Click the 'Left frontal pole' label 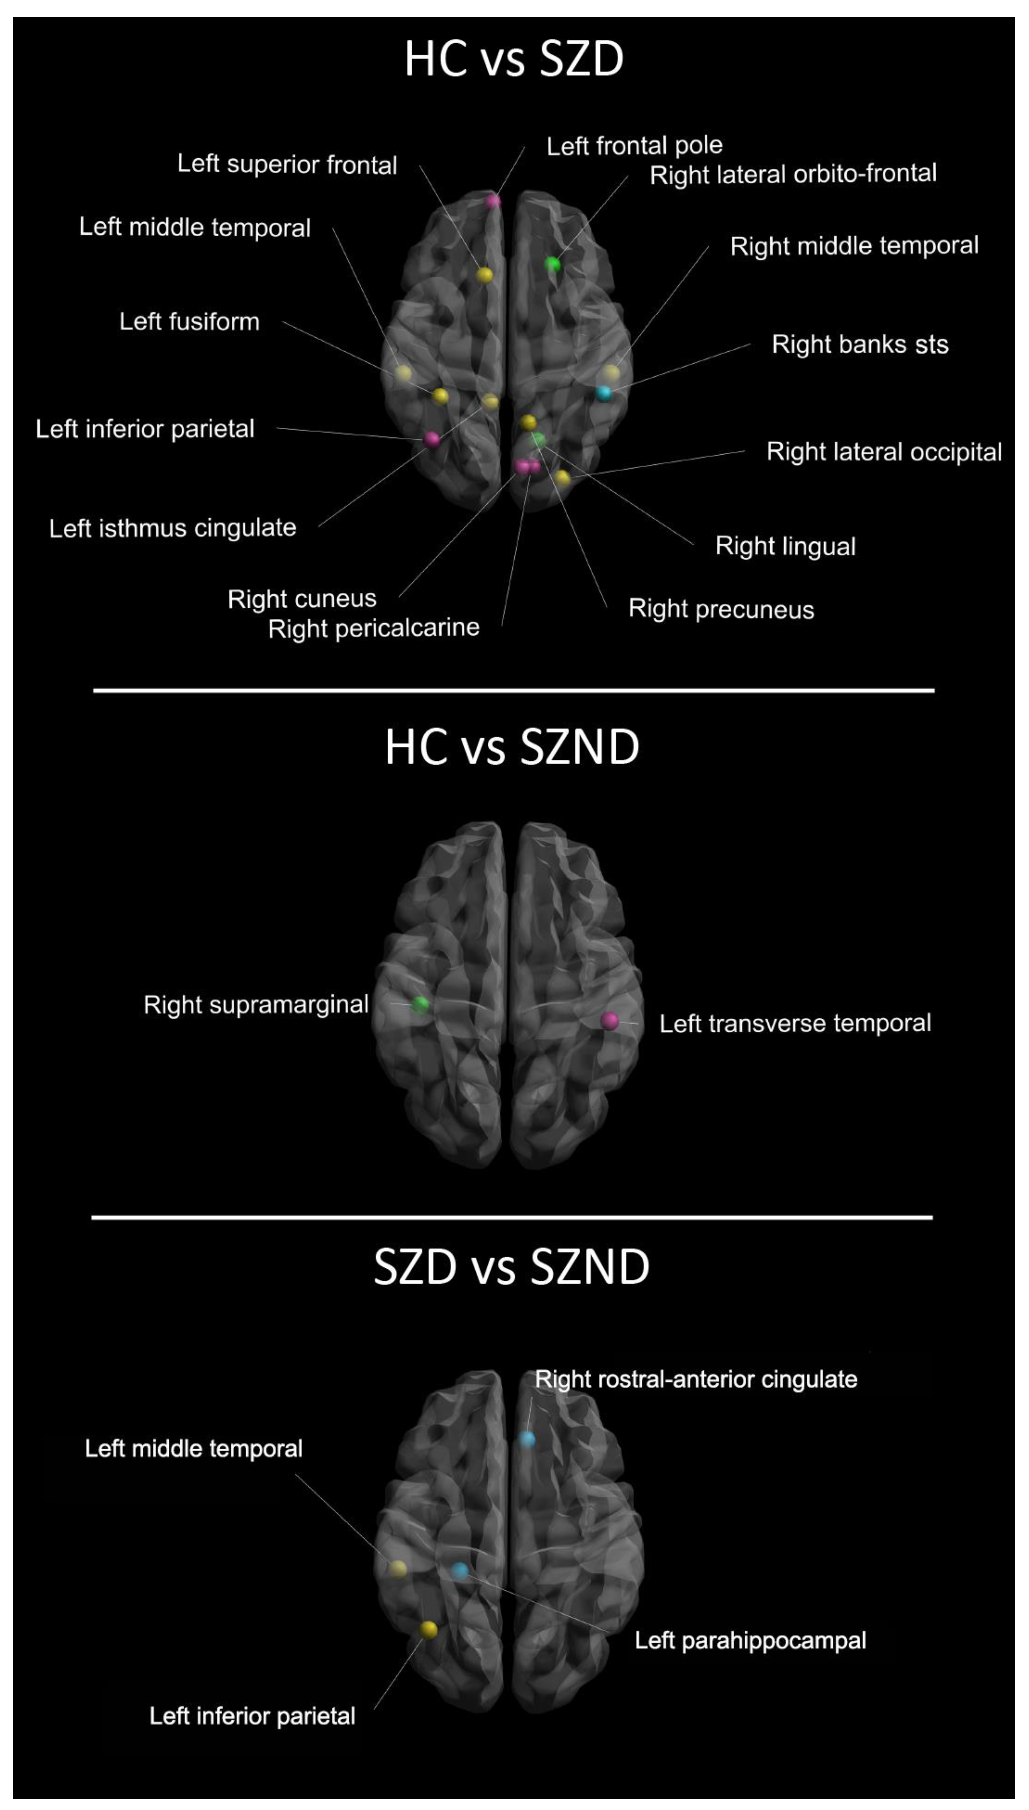tap(634, 146)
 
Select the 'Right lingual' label tap(785, 546)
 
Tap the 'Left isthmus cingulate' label tap(173, 528)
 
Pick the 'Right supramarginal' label tap(256, 1005)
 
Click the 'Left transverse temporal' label tap(795, 1023)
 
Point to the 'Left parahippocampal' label tap(750, 1640)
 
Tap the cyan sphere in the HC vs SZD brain tap(603, 393)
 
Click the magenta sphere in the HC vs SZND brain tap(609, 1020)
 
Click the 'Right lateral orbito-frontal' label tap(793, 174)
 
